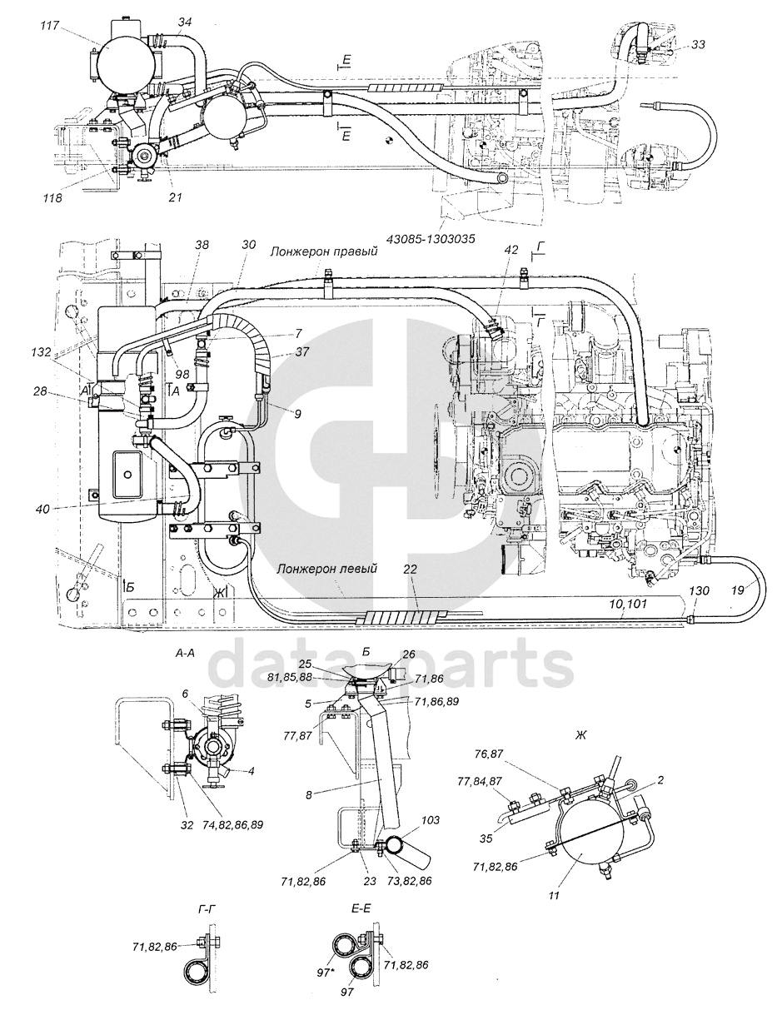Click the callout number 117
(x=50, y=26)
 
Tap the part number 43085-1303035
(x=431, y=239)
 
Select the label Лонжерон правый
(x=323, y=252)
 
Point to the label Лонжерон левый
(x=326, y=570)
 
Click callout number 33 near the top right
(x=699, y=44)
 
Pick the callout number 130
(x=699, y=590)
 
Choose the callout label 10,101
(x=628, y=604)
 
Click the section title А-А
(x=185, y=654)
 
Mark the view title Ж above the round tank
(x=580, y=735)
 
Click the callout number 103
(x=430, y=819)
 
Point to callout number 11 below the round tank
(x=554, y=895)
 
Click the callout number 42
(x=511, y=250)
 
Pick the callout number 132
(x=41, y=351)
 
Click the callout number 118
(x=52, y=198)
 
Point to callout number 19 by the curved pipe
(x=737, y=590)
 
